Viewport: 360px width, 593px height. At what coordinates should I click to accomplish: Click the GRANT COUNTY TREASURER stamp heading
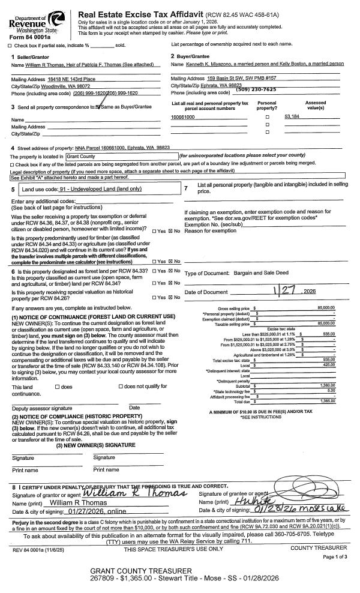tap(140, 570)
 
